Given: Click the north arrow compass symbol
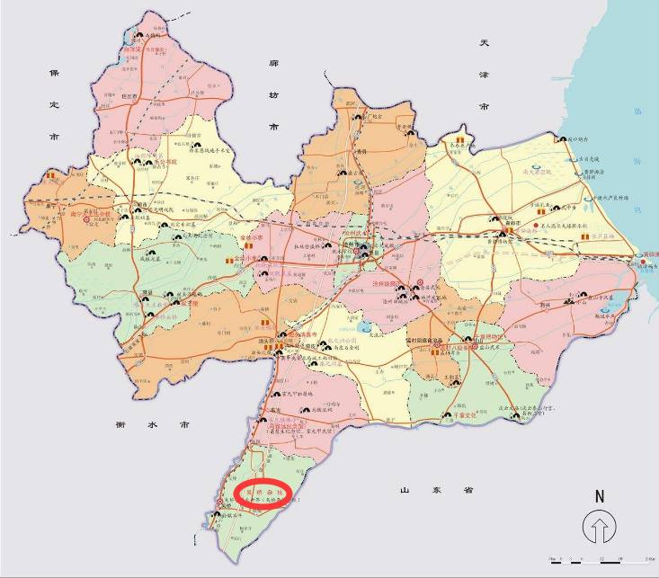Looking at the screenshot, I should [x=597, y=526].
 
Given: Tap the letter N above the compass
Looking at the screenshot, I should [x=598, y=495].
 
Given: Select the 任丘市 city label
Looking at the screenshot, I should [x=133, y=95].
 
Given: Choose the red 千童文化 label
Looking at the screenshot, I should [x=464, y=415].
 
